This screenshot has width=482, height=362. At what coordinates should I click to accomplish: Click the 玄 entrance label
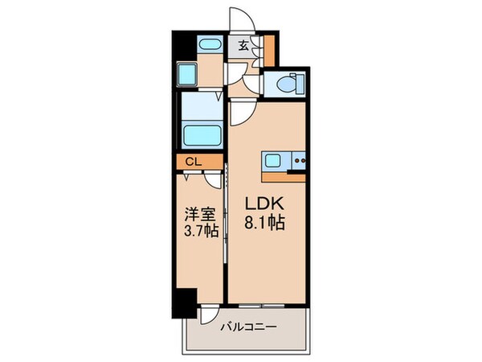(243, 45)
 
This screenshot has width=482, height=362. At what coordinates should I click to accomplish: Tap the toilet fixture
(287, 84)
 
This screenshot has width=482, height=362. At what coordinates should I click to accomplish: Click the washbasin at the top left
(210, 45)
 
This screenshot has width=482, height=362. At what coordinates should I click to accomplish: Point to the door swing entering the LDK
(238, 113)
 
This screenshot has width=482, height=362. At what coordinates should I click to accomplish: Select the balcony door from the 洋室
(207, 315)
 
